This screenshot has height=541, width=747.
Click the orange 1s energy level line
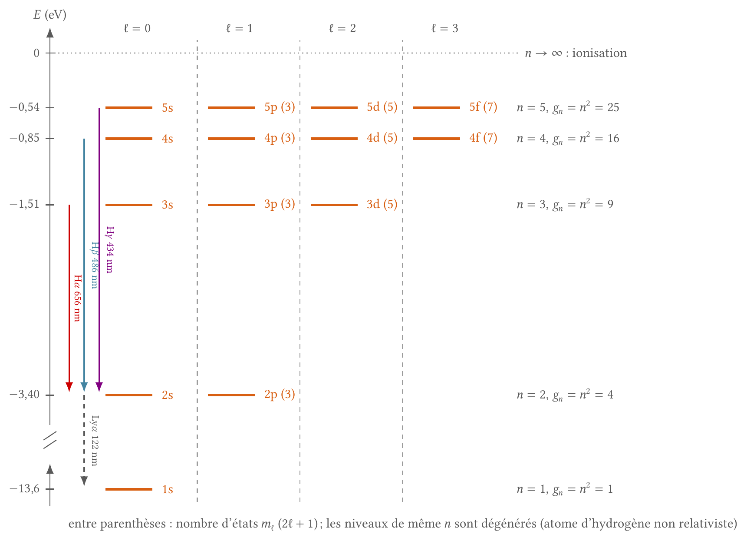click(129, 489)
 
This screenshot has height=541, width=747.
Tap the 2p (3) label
click(280, 395)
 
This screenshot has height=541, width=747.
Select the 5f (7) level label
click(483, 107)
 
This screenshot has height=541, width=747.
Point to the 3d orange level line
click(334, 205)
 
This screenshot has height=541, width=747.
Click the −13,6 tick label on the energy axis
click(25, 489)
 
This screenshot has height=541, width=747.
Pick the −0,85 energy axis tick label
click(25, 138)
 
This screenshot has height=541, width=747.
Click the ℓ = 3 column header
click(445, 28)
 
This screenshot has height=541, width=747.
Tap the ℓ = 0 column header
click(137, 28)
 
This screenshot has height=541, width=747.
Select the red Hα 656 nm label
click(77, 298)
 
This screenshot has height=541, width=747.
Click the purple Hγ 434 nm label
click(110, 249)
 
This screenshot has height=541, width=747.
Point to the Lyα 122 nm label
click(95, 441)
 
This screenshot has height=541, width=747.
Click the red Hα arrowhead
click(69, 387)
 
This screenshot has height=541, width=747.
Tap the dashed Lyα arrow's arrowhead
click(84, 481)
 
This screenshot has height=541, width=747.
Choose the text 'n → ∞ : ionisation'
click(576, 53)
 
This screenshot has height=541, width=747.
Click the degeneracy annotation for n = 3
click(565, 204)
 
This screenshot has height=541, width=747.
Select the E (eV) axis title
click(50, 15)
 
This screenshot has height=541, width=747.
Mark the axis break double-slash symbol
click(50, 440)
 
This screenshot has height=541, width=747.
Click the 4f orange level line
click(437, 139)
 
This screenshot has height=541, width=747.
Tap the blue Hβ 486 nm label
click(94, 265)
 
